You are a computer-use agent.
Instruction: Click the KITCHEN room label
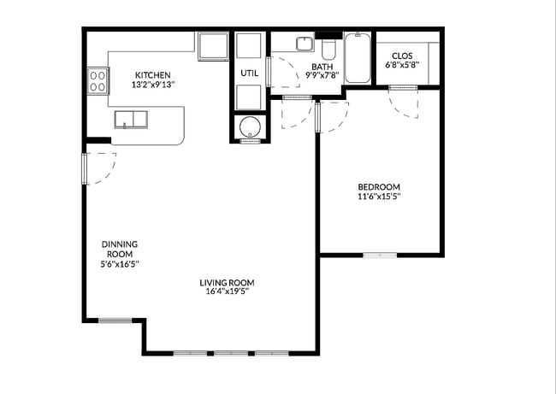[x=153, y=75]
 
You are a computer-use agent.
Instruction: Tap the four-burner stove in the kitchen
[x=98, y=81]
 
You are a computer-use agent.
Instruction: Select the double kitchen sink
[x=131, y=120]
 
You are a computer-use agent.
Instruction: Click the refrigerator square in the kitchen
[x=213, y=46]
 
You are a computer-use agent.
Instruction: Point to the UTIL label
[x=249, y=74]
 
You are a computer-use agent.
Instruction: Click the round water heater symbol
[x=250, y=126]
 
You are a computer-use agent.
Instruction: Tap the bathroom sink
[x=305, y=44]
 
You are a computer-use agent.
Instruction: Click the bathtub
[x=358, y=58]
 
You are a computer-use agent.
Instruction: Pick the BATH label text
[x=322, y=67]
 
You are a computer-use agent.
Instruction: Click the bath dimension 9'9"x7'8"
[x=322, y=75]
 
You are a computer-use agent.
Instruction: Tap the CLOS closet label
[x=402, y=56]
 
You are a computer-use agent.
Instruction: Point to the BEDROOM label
[x=379, y=186]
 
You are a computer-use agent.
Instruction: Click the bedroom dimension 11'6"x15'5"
[x=379, y=197]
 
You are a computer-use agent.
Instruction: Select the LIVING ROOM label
[x=227, y=283]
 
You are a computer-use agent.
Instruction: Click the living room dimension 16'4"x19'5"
[x=227, y=291]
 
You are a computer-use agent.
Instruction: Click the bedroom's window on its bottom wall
[x=380, y=255]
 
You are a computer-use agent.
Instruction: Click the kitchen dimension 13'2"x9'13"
[x=153, y=85]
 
